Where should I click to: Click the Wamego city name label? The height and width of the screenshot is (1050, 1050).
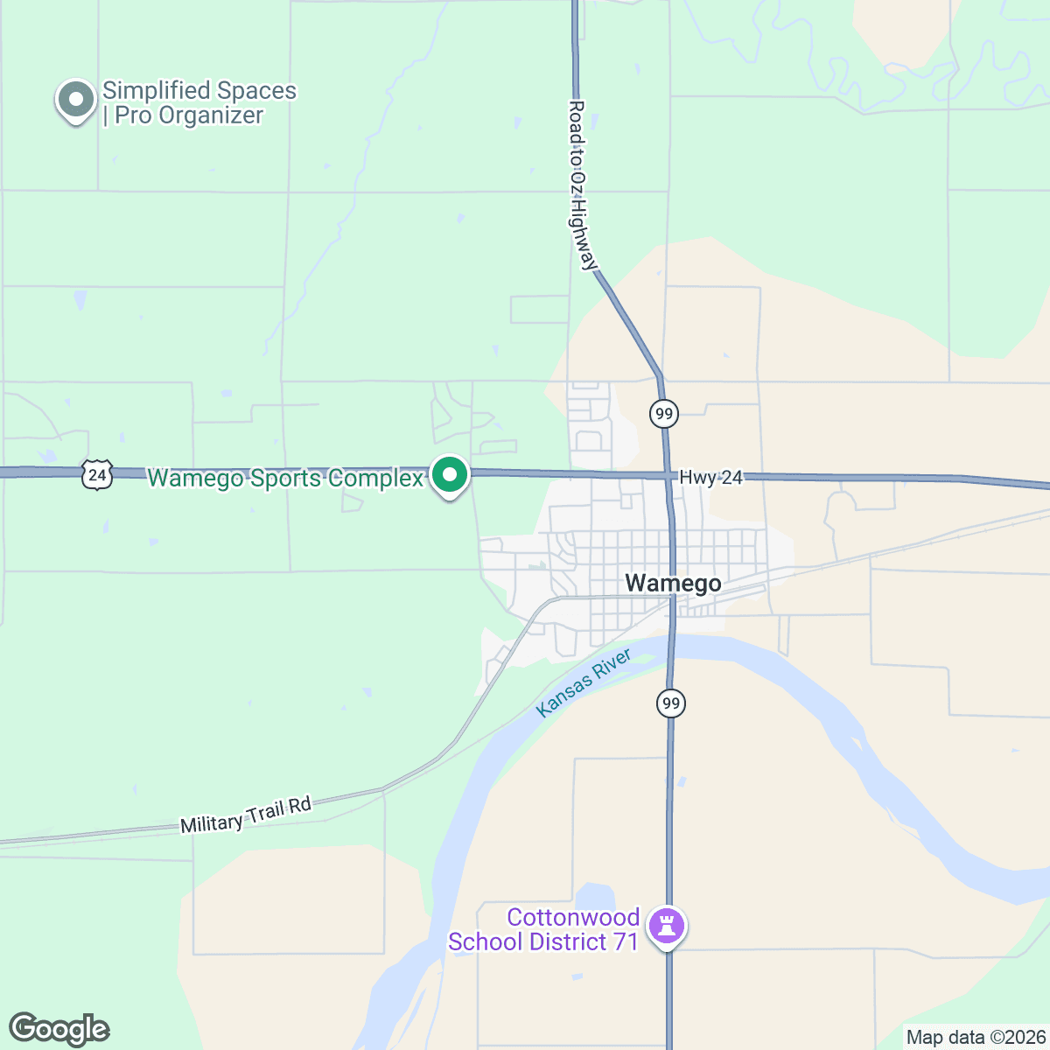673,584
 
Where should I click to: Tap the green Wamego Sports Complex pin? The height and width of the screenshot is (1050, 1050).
451,476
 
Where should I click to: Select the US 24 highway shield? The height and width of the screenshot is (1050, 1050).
97,475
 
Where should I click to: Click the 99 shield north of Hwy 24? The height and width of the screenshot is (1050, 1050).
664,413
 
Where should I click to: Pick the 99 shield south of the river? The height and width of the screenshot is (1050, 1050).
670,703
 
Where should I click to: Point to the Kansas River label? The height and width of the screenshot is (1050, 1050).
584,683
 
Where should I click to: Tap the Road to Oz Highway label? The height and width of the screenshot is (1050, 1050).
582,185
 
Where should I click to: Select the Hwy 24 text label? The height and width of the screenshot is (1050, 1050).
710,478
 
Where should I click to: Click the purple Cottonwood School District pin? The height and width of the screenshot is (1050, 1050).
667,926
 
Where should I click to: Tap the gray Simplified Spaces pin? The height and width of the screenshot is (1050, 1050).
76,100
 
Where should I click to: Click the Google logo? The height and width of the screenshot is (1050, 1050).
59,1029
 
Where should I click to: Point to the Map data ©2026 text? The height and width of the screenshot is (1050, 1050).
976,1038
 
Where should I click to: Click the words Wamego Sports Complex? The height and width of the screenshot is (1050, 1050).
285,479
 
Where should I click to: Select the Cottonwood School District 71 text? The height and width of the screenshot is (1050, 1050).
543,930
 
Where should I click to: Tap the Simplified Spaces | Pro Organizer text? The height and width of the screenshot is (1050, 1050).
199,103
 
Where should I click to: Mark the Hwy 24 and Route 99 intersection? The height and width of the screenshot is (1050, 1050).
668,477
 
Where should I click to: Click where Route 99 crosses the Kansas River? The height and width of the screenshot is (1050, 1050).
671,648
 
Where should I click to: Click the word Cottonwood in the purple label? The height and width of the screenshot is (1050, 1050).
573,918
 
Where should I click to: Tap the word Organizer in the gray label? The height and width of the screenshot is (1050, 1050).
213,115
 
